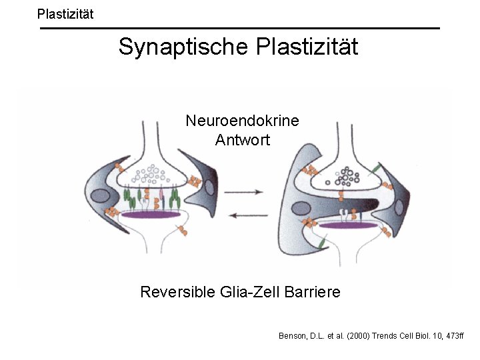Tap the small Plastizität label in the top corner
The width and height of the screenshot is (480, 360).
[65, 13]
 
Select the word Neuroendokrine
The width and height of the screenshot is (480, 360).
[242, 121]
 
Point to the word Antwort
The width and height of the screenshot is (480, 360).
[242, 140]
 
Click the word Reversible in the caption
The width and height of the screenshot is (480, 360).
[177, 292]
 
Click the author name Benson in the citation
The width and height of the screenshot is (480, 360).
[294, 336]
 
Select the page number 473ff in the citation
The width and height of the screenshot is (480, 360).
[449, 336]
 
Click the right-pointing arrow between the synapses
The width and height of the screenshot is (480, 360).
[244, 192]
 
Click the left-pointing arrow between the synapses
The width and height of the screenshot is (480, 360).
[244, 214]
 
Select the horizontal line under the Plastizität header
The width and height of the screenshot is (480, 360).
[240, 29]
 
